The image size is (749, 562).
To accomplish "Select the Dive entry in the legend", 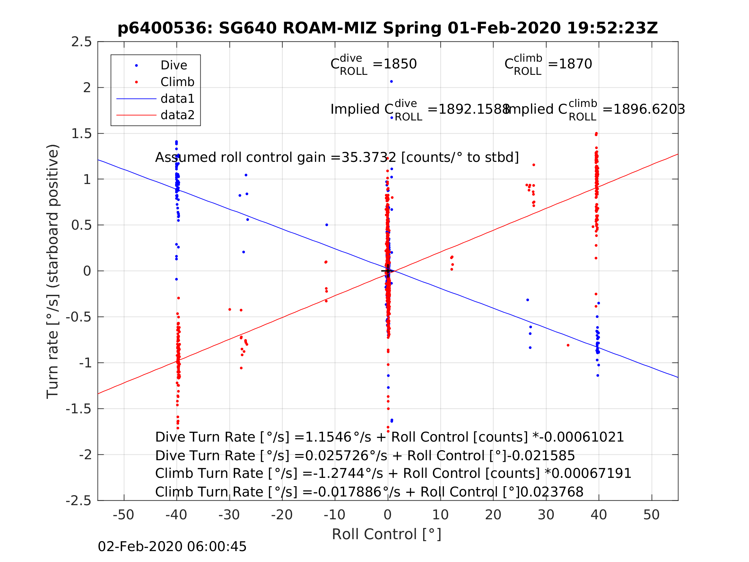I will tap(173, 66).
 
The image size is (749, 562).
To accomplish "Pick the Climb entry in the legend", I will tap(177, 82).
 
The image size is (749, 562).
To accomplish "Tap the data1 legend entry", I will tap(177, 99).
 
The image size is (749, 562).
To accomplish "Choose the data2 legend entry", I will tap(177, 115).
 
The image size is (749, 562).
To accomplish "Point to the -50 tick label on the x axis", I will tap(124, 515).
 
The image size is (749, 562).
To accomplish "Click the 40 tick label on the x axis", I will tap(598, 515).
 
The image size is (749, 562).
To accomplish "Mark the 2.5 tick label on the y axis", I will tap(81, 42).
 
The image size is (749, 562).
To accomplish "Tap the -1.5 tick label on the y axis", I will tap(79, 409).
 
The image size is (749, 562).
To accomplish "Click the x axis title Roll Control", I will tap(386, 534).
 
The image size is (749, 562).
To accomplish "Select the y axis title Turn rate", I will tap(53, 271).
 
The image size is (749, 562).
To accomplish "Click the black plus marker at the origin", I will tap(388, 271).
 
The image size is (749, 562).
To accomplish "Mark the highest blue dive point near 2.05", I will tap(391, 82).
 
